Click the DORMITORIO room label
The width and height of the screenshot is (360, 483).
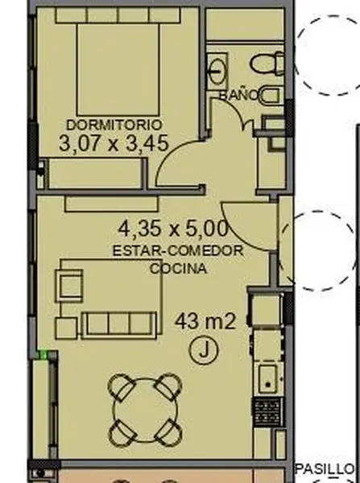click(x=114, y=125)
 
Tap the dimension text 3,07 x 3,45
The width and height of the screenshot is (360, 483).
click(x=114, y=143)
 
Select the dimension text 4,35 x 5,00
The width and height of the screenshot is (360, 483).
click(x=173, y=229)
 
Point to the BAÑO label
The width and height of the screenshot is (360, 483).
click(x=238, y=95)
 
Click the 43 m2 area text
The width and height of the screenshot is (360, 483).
click(x=205, y=321)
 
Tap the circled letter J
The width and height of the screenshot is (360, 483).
click(x=204, y=350)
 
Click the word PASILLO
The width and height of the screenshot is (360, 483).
click(x=325, y=469)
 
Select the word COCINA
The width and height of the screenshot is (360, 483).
click(x=178, y=269)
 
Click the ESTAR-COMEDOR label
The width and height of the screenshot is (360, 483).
click(x=178, y=250)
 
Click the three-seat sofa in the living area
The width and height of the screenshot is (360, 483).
click(x=118, y=325)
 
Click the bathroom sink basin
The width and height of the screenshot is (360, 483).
click(x=218, y=72)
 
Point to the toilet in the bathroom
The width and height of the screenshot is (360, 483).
click(x=267, y=64)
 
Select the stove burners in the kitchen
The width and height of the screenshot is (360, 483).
click(x=267, y=411)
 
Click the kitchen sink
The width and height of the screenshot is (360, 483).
click(x=267, y=378)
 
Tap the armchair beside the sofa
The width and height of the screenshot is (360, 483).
click(x=69, y=286)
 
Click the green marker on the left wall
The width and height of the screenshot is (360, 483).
click(x=43, y=355)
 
